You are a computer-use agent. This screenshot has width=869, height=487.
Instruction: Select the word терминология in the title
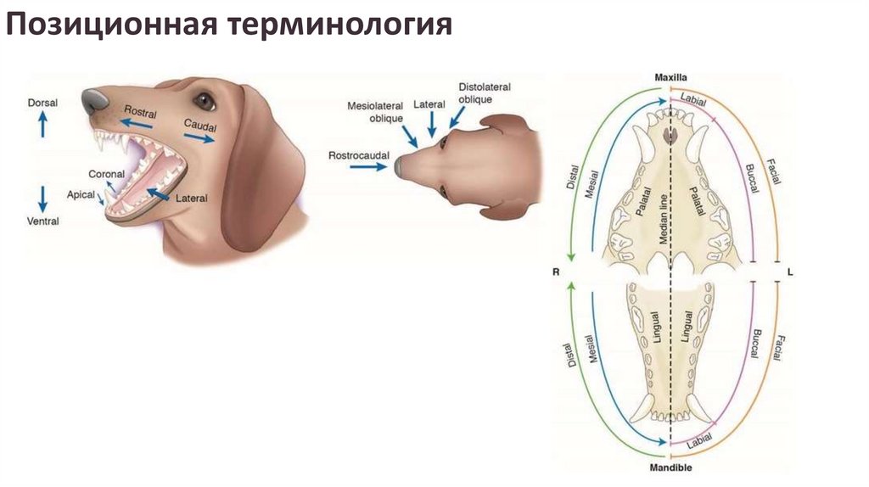coord(338,26)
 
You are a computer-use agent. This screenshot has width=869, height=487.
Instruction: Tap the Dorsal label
coord(42,103)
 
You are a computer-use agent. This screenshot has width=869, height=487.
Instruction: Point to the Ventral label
coord(42,221)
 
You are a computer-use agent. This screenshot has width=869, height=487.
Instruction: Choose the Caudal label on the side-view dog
coord(200,126)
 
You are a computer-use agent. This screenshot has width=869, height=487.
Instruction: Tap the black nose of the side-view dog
coord(93,102)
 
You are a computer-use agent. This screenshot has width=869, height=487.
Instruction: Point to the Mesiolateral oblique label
coord(373,112)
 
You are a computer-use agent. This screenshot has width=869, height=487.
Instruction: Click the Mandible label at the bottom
coord(670,468)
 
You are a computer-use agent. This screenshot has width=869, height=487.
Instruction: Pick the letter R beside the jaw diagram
coord(555,272)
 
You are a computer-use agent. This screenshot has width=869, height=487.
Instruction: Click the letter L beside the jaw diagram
coord(790,272)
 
